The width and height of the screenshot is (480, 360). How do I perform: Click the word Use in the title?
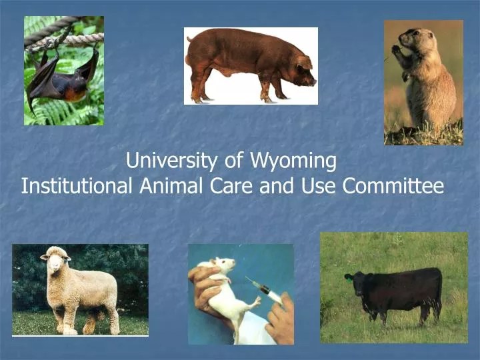tap(320, 186)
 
